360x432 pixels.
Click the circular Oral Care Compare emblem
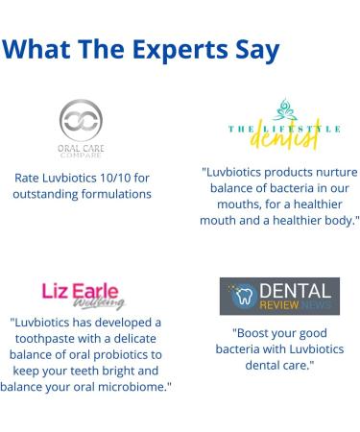(x=81, y=121)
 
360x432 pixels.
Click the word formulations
(x=119, y=194)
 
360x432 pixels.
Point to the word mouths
(x=228, y=204)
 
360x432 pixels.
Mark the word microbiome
(x=133, y=386)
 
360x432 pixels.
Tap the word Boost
(x=253, y=333)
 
